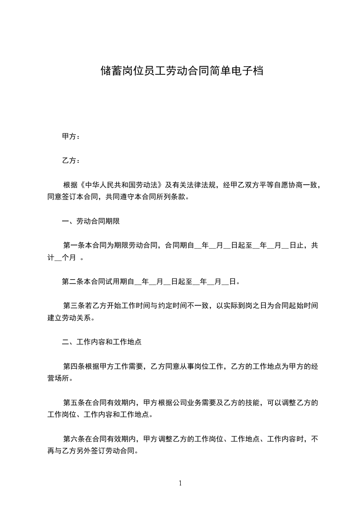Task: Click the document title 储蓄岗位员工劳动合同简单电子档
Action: click(182, 71)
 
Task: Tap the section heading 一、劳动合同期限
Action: click(91, 221)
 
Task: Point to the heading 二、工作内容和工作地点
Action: click(102, 342)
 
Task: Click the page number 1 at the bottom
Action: click(180, 483)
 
